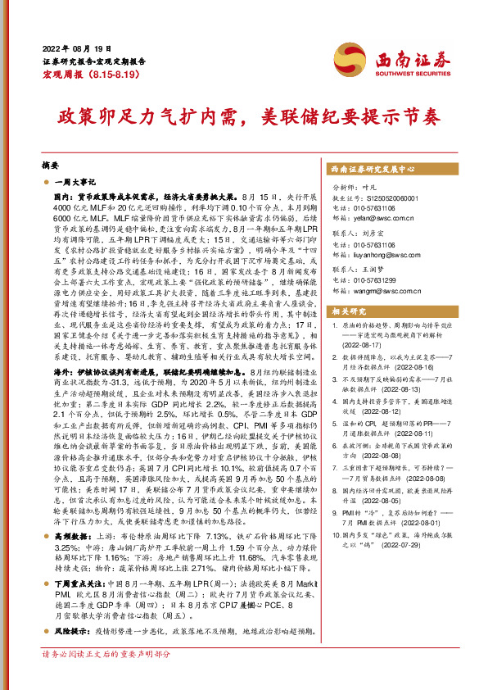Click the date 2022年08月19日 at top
(x=74, y=48)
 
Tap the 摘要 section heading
(x=51, y=164)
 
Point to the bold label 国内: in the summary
(x=63, y=198)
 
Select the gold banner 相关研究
(x=348, y=288)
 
